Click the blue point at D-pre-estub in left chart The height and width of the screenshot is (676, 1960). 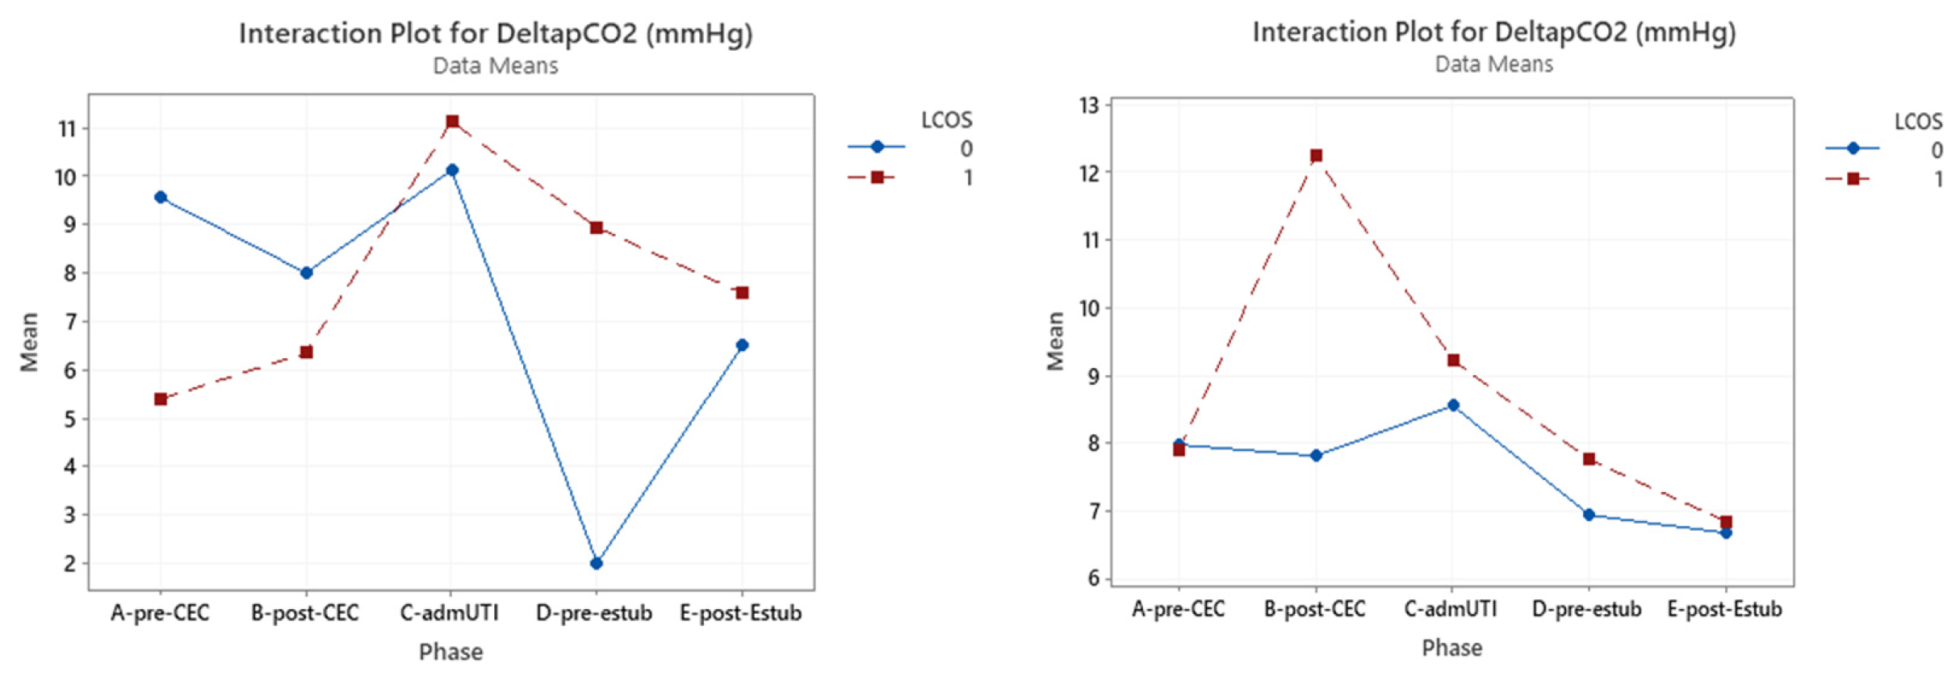tap(596, 563)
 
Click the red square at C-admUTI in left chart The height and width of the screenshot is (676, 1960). tap(452, 122)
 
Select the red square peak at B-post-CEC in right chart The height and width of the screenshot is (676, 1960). tap(1316, 156)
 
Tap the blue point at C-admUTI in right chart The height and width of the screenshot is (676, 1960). tap(1453, 405)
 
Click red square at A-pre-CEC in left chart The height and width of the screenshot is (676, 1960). tap(161, 399)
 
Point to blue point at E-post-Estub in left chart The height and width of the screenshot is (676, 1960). tap(742, 345)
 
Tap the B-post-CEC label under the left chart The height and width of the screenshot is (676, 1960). tap(304, 613)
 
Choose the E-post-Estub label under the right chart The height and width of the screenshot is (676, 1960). tap(1724, 609)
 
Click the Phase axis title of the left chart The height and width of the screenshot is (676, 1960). tap(450, 652)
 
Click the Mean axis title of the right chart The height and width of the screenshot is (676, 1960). tap(1055, 341)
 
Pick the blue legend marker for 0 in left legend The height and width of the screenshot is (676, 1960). tap(877, 147)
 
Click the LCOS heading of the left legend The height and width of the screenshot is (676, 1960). tap(946, 120)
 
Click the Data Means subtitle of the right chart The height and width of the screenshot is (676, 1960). tap(1493, 65)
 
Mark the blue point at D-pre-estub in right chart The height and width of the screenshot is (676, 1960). tap(1589, 515)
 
